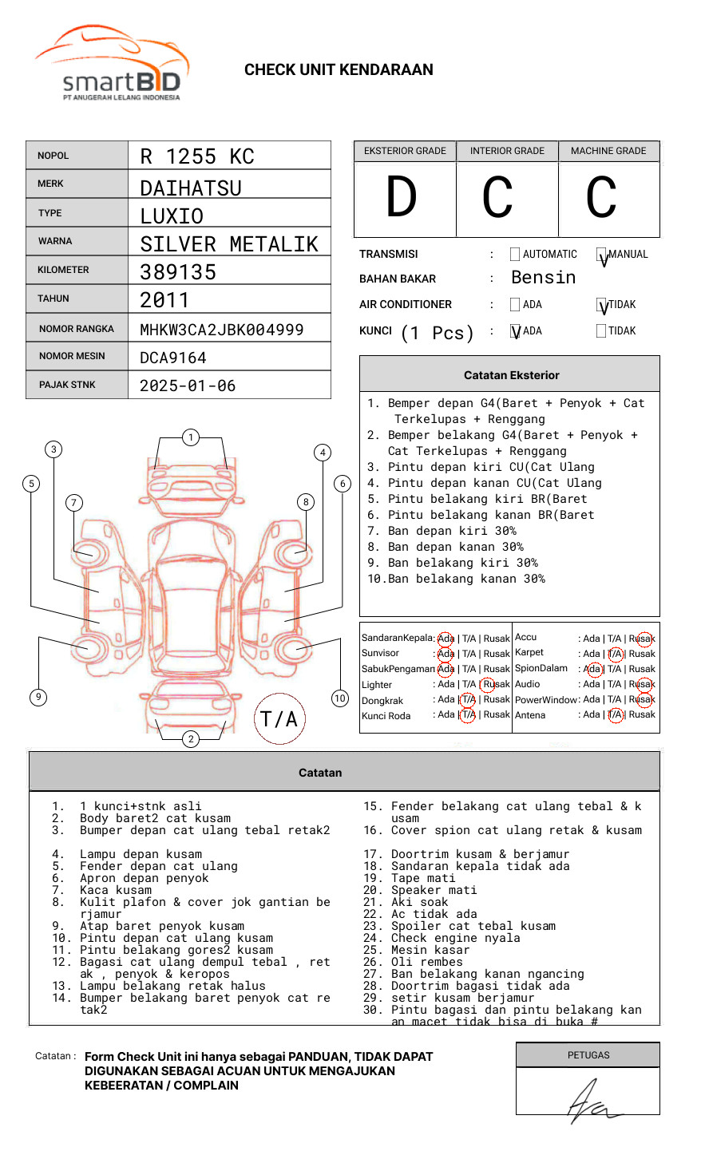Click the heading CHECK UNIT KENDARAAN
339,70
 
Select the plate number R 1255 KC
197,156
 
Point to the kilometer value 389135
178,272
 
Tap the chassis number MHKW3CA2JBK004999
222,330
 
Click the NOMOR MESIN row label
72,356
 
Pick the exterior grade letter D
402,198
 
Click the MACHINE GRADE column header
608,151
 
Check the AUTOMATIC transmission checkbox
515,255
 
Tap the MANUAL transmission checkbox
601,255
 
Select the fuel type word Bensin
543,278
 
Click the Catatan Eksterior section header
511,375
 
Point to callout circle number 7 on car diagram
74,502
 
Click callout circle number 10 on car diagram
340,698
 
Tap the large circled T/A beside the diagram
279,719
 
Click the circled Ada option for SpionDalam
592,669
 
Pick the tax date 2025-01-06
188,386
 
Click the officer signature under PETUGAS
591,1102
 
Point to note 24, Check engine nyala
455,938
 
